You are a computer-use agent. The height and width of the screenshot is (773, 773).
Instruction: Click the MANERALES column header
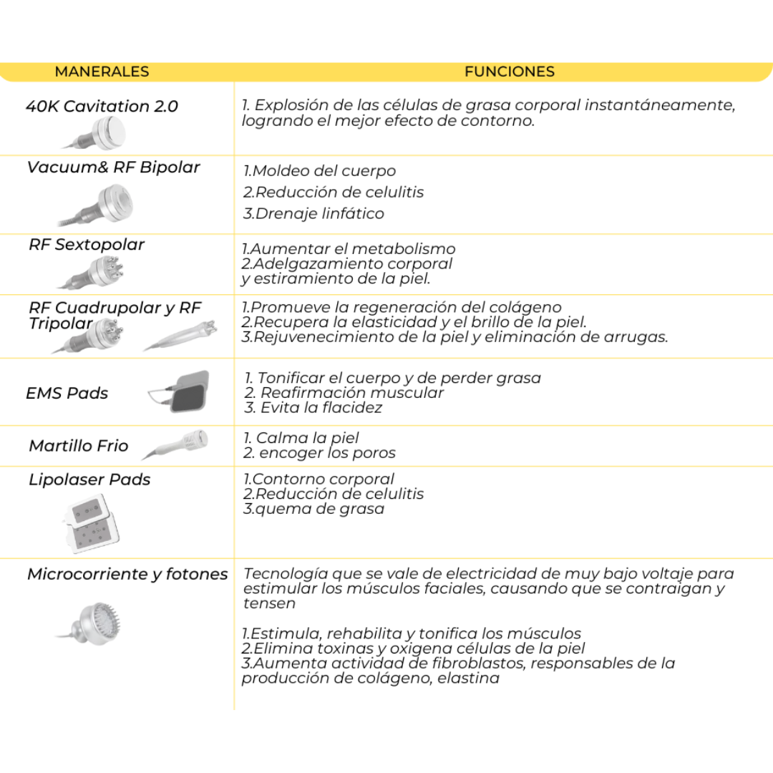click(102, 72)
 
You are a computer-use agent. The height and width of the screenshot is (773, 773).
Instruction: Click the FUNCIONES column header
click(509, 72)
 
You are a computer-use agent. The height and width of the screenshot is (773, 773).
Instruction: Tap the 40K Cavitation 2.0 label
click(102, 107)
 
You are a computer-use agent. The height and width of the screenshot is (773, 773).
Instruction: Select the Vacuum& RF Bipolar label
click(113, 167)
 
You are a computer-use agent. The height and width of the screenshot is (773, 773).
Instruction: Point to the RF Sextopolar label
click(87, 245)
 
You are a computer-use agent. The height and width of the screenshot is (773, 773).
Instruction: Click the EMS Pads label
click(67, 393)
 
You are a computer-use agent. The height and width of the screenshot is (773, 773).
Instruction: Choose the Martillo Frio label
click(79, 446)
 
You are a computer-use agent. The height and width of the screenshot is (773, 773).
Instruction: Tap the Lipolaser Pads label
click(89, 480)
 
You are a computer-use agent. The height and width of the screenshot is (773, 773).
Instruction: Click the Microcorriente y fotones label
click(127, 574)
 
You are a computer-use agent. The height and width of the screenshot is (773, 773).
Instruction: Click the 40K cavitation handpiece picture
click(100, 132)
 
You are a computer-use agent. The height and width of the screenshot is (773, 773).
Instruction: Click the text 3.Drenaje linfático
click(313, 213)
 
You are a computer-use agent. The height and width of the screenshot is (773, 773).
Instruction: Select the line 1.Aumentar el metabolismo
click(349, 249)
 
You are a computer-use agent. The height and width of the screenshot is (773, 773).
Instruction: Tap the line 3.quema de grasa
click(313, 509)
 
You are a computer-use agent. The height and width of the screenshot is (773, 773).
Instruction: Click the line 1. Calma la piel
click(301, 438)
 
